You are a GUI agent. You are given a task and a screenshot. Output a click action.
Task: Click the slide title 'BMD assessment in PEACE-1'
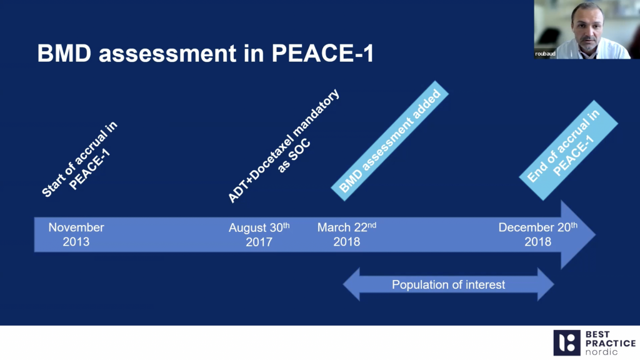[x=206, y=54]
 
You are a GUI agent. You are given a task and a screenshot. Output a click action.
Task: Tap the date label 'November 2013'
[x=76, y=234]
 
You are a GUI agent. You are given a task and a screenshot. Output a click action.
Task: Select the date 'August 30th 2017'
[x=259, y=234]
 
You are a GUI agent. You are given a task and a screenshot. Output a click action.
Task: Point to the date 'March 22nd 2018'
[x=347, y=234]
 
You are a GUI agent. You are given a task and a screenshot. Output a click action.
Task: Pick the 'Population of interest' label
[x=448, y=285]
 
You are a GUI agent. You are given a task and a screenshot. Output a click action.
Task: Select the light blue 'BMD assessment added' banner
[x=391, y=141]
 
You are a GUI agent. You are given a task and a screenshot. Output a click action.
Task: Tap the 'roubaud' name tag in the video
[x=546, y=54]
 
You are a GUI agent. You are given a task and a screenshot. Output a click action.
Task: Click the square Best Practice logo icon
[x=566, y=342]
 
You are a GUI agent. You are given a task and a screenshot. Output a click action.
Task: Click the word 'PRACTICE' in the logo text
[x=610, y=343]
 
